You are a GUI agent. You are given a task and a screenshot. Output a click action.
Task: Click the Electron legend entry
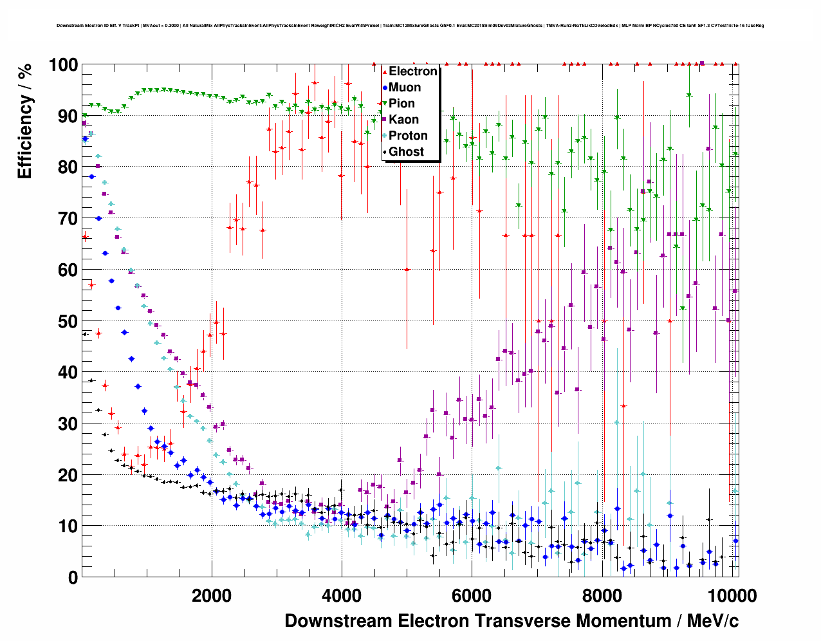pyautogui.click(x=412, y=71)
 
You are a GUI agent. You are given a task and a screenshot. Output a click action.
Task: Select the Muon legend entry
pyautogui.click(x=404, y=88)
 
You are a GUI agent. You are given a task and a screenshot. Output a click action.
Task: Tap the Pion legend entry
pyautogui.click(x=401, y=104)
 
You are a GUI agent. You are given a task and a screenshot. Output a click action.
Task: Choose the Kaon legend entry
pyautogui.click(x=403, y=120)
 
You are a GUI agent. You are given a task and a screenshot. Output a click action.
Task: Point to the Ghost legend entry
pyautogui.click(x=406, y=152)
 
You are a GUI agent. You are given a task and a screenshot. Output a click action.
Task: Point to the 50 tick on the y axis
pyautogui.click(x=68, y=321)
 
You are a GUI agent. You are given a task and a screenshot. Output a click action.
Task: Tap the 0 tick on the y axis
pyautogui.click(x=73, y=577)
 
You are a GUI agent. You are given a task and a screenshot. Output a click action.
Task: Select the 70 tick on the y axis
pyautogui.click(x=68, y=219)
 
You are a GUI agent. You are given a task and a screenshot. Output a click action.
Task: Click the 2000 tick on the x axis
pyautogui.click(x=211, y=595)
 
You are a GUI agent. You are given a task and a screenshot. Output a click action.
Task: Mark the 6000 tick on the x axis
pyautogui.click(x=472, y=595)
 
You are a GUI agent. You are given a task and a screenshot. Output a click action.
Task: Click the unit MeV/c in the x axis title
pyautogui.click(x=713, y=621)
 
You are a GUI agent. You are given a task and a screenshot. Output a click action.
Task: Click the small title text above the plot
pyautogui.click(x=410, y=26)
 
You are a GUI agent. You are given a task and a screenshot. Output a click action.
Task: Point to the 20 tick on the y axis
pyautogui.click(x=68, y=475)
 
